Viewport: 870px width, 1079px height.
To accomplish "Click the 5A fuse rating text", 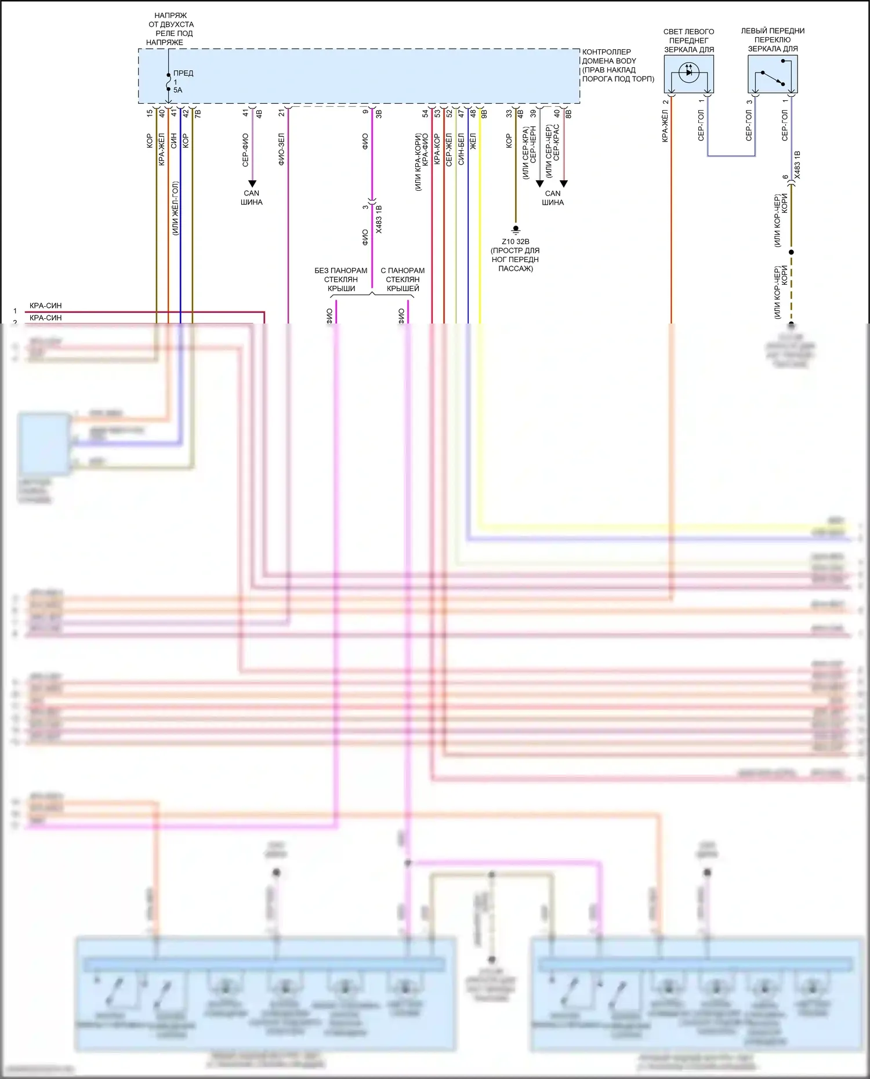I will [177, 90].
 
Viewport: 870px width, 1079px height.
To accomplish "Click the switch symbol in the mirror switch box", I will [773, 77].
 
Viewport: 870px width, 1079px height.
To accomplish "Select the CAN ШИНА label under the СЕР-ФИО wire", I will [252, 198].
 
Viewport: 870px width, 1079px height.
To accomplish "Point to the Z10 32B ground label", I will [515, 242].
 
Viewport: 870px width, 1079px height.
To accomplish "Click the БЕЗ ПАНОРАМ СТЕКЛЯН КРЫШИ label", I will [341, 279].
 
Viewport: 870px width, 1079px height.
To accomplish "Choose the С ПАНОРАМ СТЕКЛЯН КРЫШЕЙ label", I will [403, 279].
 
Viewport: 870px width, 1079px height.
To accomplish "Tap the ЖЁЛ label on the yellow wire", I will [473, 141].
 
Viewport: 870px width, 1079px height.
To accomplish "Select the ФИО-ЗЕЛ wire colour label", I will [281, 150].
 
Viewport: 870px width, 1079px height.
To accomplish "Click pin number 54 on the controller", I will [425, 113].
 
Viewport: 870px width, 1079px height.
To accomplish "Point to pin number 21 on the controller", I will [281, 113].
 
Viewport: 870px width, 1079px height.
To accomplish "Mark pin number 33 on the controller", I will [509, 113].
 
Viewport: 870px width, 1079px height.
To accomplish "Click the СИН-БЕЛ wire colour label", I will [461, 150].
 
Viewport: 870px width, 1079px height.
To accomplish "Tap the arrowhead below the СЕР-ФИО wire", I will [252, 184].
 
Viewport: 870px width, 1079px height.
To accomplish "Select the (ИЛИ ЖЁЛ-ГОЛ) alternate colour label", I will [175, 209].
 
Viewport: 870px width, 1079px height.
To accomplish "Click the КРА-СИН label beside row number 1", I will [45, 306].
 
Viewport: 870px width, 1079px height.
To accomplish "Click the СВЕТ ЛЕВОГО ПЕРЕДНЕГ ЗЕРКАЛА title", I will [688, 41].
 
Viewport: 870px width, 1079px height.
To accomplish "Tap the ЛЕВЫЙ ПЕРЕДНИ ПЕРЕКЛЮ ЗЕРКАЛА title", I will [773, 40].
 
